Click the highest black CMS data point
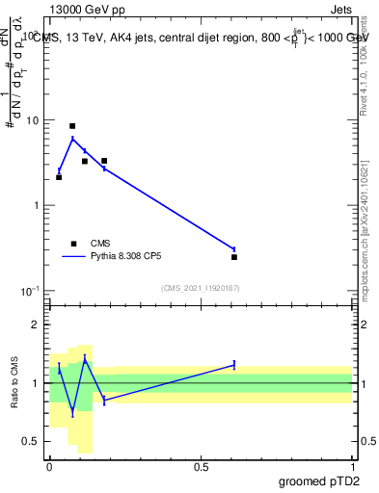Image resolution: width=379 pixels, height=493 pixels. [x=72, y=126]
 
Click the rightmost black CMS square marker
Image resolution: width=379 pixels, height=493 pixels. [x=234, y=257]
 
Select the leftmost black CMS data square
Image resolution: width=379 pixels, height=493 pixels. [x=59, y=177]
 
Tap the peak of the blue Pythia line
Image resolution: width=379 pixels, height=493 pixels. [x=72, y=139]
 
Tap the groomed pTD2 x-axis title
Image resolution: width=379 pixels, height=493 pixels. [x=319, y=480]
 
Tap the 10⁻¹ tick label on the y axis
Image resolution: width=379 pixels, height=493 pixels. [x=30, y=291]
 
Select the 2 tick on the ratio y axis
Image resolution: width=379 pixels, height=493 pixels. [x=35, y=325]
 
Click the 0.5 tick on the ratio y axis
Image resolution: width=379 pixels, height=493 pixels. [x=31, y=441]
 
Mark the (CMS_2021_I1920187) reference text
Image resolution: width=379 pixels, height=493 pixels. [x=200, y=288]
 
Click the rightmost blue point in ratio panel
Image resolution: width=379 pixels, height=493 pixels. [x=234, y=365]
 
